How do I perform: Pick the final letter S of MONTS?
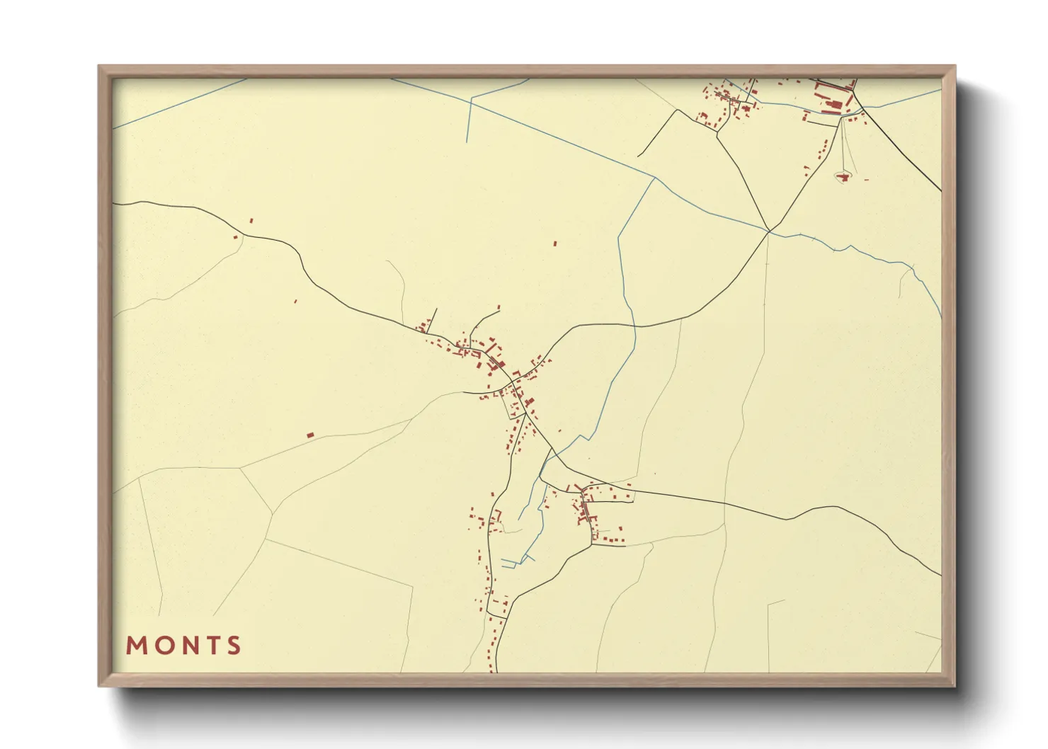[x=233, y=646]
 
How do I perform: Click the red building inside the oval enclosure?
[x=843, y=176]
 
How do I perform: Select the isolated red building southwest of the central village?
[x=309, y=435]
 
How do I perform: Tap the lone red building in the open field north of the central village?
[x=554, y=244]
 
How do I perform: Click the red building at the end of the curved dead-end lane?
[x=499, y=308]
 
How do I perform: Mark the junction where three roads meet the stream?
[x=769, y=231]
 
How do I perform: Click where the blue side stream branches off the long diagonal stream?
[x=654, y=178]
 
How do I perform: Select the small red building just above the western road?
[x=251, y=221]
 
